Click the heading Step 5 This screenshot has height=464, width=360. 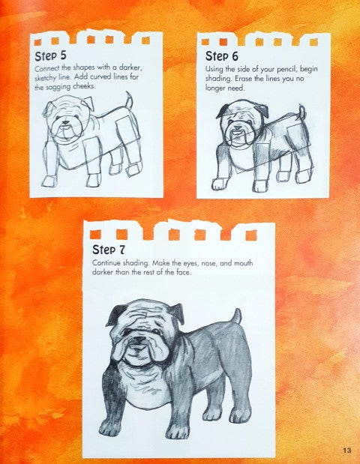(x=51, y=55)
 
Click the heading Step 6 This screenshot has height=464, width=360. (x=222, y=56)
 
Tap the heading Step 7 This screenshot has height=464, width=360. (x=108, y=250)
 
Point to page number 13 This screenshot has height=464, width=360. (x=347, y=450)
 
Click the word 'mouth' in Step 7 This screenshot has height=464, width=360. (x=244, y=263)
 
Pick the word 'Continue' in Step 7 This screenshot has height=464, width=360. (x=106, y=263)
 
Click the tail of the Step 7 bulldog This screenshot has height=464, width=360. (x=236, y=316)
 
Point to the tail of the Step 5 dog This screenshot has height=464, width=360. (x=129, y=100)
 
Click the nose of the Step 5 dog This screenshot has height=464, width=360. (x=65, y=122)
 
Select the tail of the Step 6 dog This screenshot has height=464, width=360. (x=301, y=112)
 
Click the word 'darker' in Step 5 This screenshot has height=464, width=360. (x=130, y=67)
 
